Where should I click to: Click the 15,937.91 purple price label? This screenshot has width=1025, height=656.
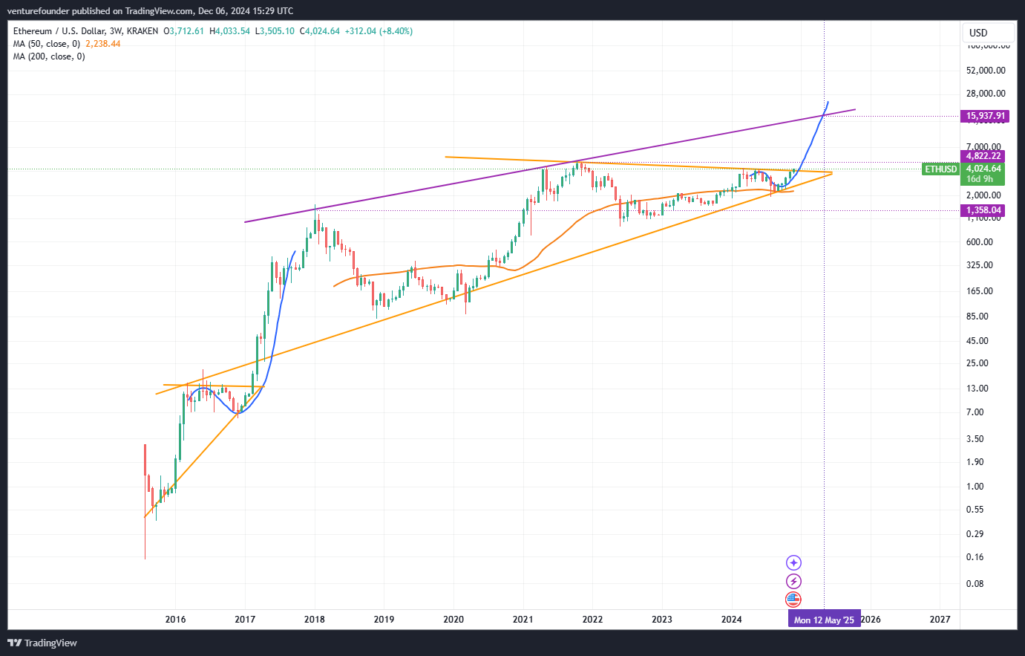pos(985,116)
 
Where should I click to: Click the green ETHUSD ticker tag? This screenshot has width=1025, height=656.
pos(940,169)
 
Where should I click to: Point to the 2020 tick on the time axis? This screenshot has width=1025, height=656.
pos(453,620)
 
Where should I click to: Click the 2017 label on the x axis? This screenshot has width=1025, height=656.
pos(245,620)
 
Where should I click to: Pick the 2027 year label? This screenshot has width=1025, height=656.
pos(940,620)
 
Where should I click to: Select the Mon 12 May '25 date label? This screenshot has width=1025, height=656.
pos(824,620)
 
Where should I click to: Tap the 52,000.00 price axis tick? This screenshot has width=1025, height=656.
pos(986,71)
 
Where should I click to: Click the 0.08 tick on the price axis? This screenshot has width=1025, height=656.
pos(975,584)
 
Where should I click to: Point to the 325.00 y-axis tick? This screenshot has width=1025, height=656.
pos(980,265)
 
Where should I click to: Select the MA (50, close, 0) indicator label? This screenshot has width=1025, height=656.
pos(46,44)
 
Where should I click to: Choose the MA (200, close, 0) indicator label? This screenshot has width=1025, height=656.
pos(49,56)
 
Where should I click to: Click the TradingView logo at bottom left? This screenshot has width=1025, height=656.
pos(42,643)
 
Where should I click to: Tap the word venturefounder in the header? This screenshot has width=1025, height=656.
pos(39,11)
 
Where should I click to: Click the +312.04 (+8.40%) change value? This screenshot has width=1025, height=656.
pos(379,31)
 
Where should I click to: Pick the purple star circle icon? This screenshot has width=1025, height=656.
pos(794,563)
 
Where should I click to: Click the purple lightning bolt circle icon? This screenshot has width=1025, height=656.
pos(794,582)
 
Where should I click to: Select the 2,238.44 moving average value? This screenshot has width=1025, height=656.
pos(103,44)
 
